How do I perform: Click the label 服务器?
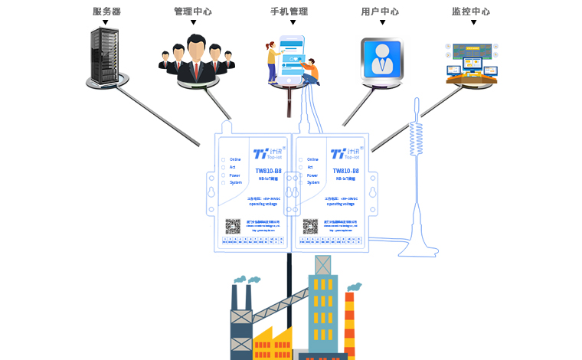tap(106, 11)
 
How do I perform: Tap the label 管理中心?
tap(193, 11)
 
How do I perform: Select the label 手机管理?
tap(289, 11)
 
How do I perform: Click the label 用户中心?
tap(380, 11)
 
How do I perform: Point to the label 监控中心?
tap(471, 11)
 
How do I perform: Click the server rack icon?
tap(106, 55)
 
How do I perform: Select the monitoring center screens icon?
tap(471, 64)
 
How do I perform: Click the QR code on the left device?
tap(233, 225)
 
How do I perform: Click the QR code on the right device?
tap(309, 225)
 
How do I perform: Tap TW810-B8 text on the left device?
tap(268, 171)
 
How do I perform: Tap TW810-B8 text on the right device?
tap(345, 171)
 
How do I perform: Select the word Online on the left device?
tap(236, 159)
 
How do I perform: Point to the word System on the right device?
tap(313, 182)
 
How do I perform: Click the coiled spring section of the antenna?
tap(417, 138)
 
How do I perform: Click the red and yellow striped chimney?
tap(350, 322)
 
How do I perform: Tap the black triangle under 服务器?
tap(106, 23)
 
